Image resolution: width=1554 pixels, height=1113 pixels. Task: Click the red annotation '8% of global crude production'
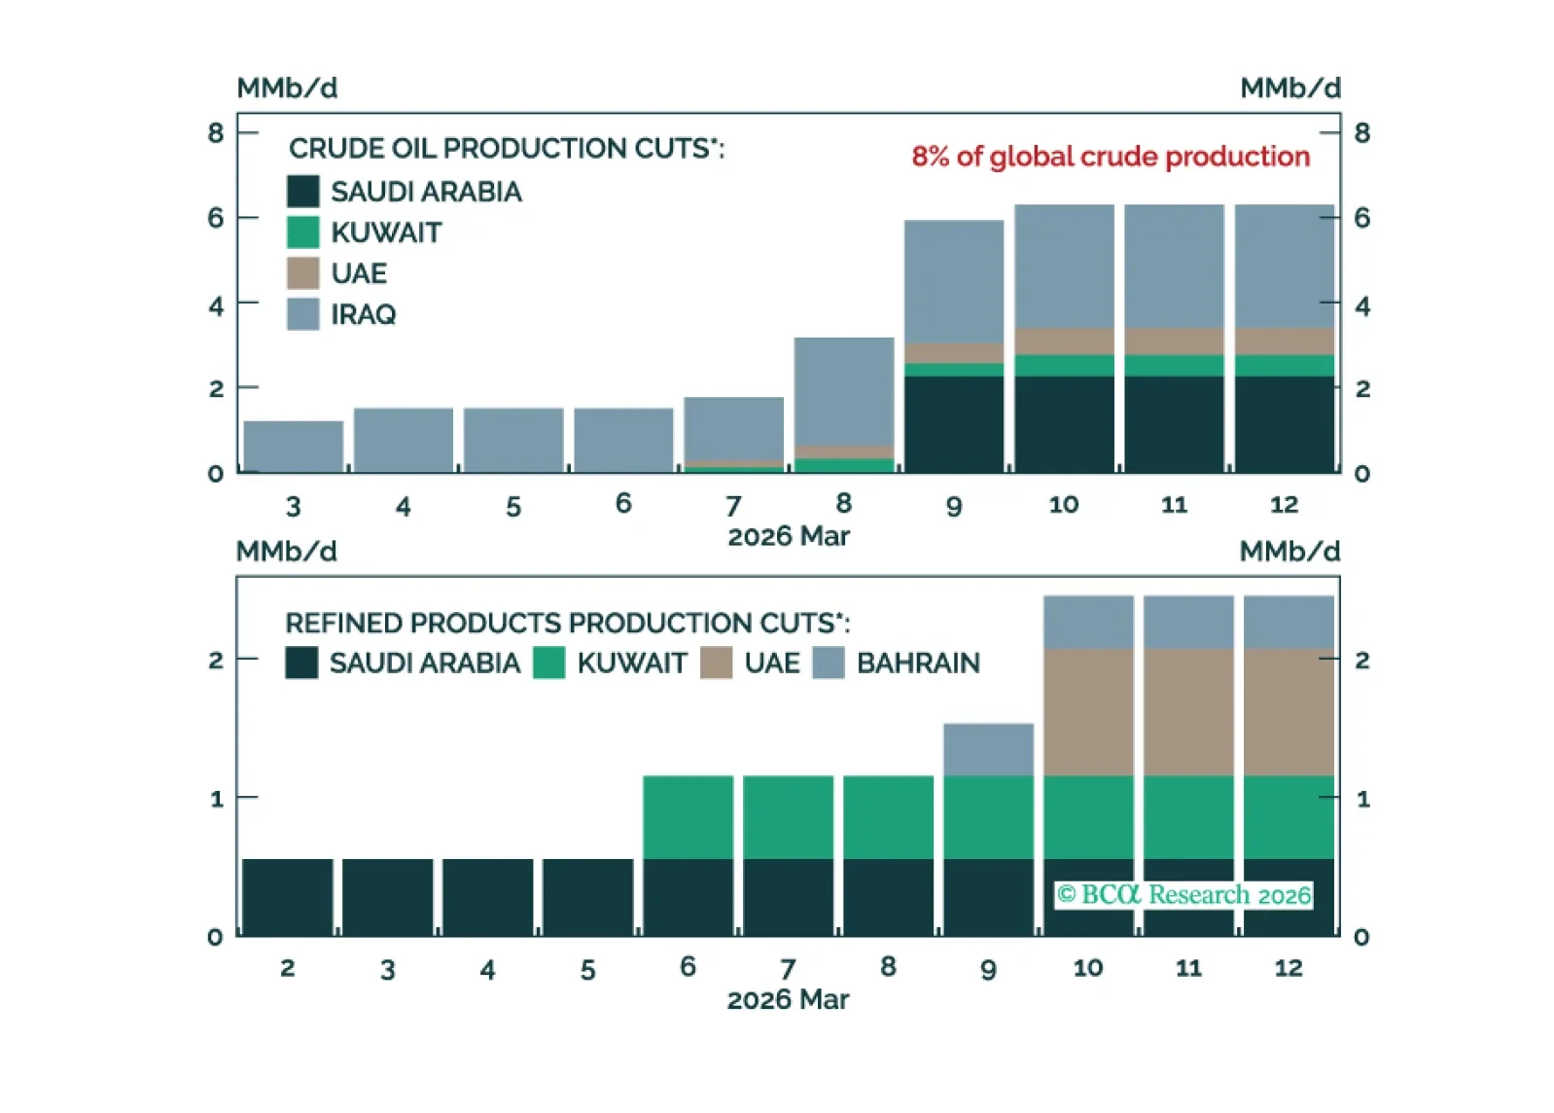pyautogui.click(x=1110, y=157)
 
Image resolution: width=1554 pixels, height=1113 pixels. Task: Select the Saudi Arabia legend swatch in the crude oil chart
pyautogui.click(x=303, y=192)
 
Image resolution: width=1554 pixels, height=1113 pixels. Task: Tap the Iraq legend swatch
pyautogui.click(x=303, y=314)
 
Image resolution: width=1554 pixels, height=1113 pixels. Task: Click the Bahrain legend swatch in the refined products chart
pyautogui.click(x=829, y=663)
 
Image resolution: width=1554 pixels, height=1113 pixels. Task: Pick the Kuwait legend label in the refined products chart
pyautogui.click(x=632, y=663)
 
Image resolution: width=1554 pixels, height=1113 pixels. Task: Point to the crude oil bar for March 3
pyautogui.click(x=293, y=447)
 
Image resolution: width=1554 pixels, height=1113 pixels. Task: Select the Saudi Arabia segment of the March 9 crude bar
pyautogui.click(x=953, y=424)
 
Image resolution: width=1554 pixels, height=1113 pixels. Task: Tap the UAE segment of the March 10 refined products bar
pyautogui.click(x=1088, y=712)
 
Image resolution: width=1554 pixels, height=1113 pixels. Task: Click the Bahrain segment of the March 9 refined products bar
pyautogui.click(x=988, y=749)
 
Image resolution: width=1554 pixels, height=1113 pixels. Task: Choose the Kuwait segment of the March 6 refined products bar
pyautogui.click(x=688, y=817)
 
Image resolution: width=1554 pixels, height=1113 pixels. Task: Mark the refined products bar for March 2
pyautogui.click(x=287, y=897)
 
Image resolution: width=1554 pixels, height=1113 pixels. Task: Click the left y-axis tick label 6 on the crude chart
pyautogui.click(x=216, y=218)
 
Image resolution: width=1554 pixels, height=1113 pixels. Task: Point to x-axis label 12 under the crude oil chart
pyautogui.click(x=1284, y=504)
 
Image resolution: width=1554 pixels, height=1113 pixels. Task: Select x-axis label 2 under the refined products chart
pyautogui.click(x=287, y=968)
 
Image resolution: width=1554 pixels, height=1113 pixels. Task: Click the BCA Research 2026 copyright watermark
pyautogui.click(x=1183, y=894)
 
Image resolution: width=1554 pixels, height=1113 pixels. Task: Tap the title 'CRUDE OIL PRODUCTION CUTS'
pyautogui.click(x=506, y=148)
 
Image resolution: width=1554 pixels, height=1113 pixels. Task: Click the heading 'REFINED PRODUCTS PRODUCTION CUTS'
pyautogui.click(x=567, y=623)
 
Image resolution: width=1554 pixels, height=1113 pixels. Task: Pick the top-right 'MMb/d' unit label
pyautogui.click(x=1289, y=88)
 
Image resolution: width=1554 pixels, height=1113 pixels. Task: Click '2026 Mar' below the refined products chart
pyautogui.click(x=788, y=999)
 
